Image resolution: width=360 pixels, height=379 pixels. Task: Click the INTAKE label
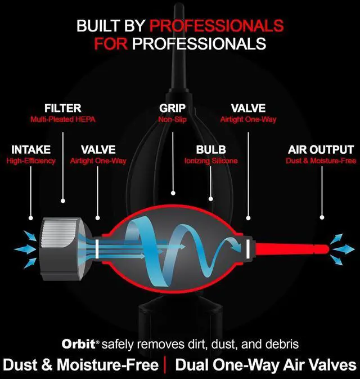(31, 150)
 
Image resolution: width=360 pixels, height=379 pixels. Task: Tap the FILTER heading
(62, 108)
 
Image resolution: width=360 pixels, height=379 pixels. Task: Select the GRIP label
(172, 108)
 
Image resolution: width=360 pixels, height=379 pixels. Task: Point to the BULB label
(211, 150)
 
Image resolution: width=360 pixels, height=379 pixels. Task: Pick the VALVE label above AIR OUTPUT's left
(248, 108)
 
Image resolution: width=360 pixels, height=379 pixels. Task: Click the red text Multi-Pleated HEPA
(62, 119)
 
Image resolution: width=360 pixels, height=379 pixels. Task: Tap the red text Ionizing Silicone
(211, 161)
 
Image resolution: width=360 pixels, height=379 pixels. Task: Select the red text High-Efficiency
(31, 161)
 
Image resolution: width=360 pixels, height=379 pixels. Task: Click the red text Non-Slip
(172, 119)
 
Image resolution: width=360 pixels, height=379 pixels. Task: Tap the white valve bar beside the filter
(97, 247)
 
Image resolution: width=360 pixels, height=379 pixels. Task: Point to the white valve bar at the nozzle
(248, 247)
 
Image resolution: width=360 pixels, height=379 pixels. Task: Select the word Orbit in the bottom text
(76, 344)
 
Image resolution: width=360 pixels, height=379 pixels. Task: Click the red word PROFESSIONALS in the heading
(218, 25)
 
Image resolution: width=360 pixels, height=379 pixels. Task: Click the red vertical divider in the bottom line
(166, 364)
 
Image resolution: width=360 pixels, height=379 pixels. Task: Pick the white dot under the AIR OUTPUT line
(322, 217)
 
